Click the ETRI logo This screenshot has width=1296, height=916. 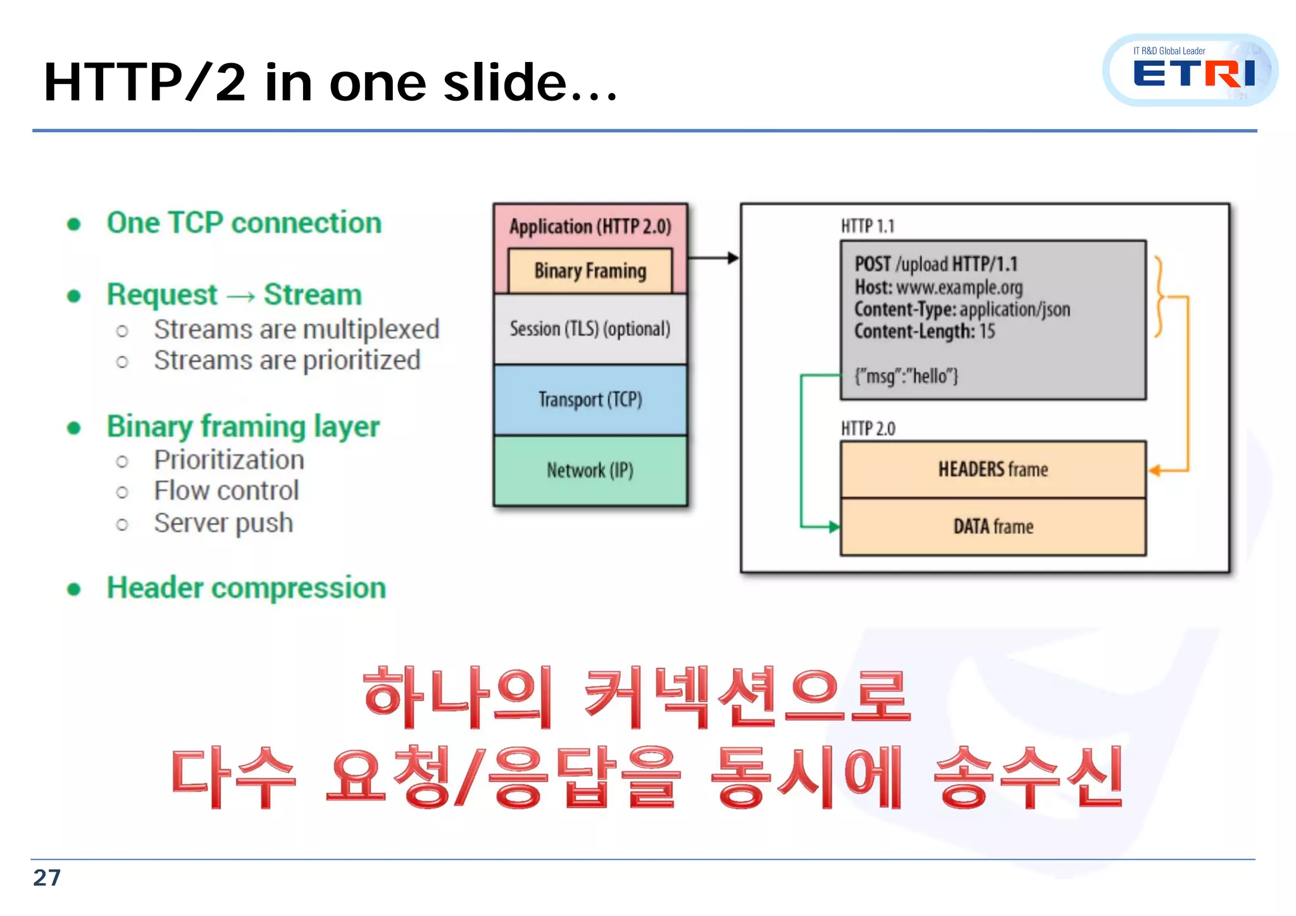coord(1190,71)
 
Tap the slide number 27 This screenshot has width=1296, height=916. coord(47,878)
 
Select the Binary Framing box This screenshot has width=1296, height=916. coord(590,271)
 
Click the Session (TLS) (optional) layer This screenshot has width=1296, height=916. coord(590,329)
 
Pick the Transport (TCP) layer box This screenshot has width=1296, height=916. coord(590,400)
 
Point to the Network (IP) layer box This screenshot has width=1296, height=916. coord(590,471)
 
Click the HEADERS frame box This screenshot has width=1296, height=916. coord(992,469)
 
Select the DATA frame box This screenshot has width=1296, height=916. coord(992,526)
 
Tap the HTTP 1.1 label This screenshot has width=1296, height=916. coord(867,226)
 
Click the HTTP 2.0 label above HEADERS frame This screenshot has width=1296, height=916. coord(868,429)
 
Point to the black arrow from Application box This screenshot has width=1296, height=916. coord(713,257)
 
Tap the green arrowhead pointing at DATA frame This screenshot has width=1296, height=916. coord(834,526)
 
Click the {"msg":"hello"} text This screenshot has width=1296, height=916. coord(906,376)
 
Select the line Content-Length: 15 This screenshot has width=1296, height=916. coord(924,331)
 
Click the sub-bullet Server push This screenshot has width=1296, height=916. coord(223,523)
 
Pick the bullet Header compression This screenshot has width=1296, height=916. coord(246,588)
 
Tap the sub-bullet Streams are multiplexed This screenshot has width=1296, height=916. coord(296,330)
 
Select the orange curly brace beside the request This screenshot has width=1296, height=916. coord(1159,296)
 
